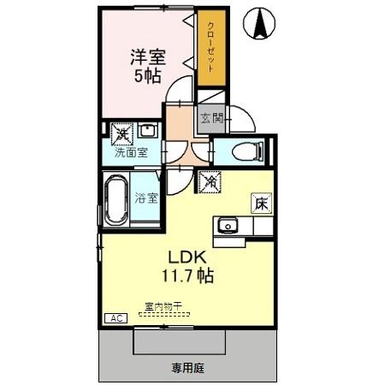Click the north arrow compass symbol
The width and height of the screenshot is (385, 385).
coord(258,23)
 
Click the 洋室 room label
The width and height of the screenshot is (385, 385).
coord(146,57)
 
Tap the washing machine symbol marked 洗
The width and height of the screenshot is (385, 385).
coord(121,133)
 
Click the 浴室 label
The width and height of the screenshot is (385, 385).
coord(145,198)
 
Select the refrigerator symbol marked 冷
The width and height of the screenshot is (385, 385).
coord(209,181)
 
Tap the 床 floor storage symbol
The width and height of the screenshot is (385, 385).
coord(260,204)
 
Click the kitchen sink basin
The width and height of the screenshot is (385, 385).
coord(227,226)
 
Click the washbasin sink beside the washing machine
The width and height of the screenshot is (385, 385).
coord(147,132)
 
